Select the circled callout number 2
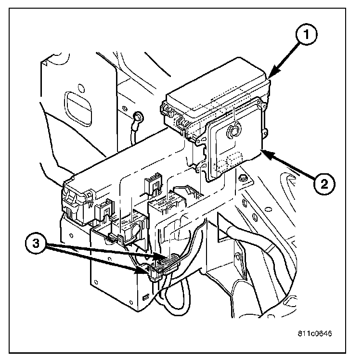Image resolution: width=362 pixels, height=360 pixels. coord(323,183)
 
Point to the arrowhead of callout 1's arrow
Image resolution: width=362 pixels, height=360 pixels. coord(270,76)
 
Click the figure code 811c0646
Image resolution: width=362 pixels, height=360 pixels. coord(315,333)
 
